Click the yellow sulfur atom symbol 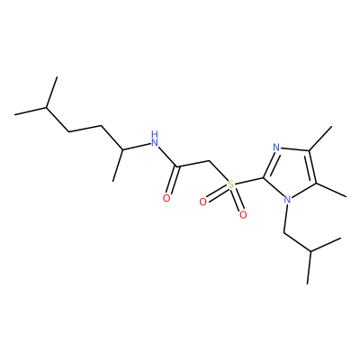coord(230,184)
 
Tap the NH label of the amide coord(155,139)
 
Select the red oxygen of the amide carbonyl coord(166,198)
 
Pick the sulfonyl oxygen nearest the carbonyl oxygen coord(203,202)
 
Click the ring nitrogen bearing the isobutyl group coord(287,199)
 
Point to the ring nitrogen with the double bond coord(276,148)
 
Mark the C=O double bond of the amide coord(173,180)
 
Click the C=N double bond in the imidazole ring coord(270,163)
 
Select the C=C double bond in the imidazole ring coord(312,166)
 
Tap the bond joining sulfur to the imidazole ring coord(249,182)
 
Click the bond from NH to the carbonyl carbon coord(168,157)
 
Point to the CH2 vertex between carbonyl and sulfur coord(210,161)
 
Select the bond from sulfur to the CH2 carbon coord(219,171)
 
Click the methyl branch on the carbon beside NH coord(118,166)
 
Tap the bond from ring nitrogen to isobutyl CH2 coord(285,218)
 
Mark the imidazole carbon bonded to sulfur coord(264,178)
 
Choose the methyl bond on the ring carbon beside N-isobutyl coord(331,190)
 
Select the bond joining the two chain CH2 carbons coord(85,129)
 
